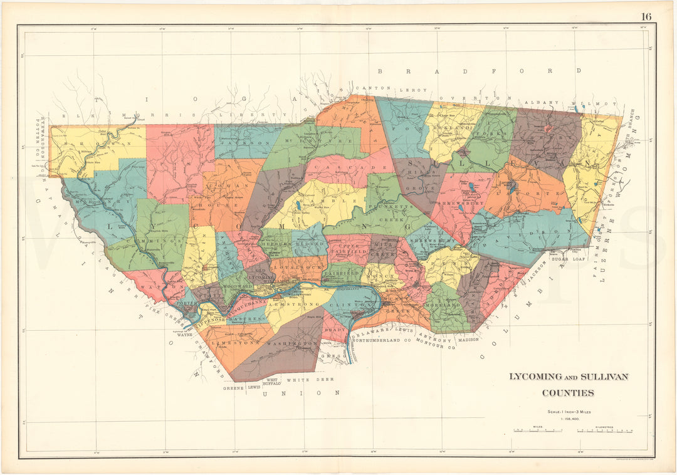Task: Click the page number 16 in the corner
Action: pyautogui.click(x=646, y=16)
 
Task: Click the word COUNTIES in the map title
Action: pyautogui.click(x=568, y=393)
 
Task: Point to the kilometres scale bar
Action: pyautogui.click(x=605, y=431)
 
